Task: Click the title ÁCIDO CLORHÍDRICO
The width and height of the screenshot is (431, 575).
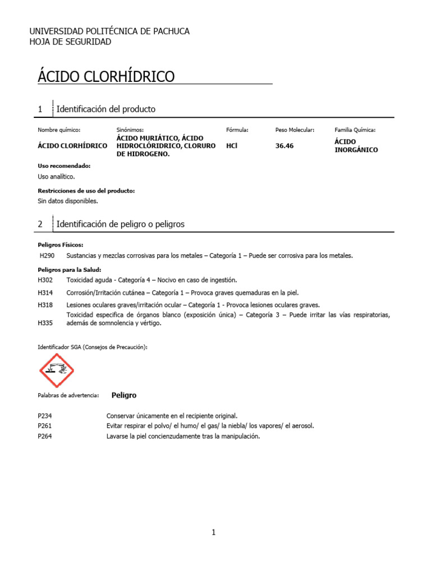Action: (106, 77)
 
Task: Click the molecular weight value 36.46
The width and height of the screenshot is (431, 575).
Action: (285, 145)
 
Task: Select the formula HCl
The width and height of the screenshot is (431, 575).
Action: (231, 145)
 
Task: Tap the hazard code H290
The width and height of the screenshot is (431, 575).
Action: (47, 255)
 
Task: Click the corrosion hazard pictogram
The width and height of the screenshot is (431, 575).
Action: (57, 371)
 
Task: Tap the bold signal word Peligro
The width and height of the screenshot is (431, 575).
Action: (124, 395)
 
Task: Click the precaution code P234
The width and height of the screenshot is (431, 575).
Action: (45, 416)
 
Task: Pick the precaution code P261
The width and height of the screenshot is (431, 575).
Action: (45, 426)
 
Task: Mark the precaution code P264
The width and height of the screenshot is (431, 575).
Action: (45, 436)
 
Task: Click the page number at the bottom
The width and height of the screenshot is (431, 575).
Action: (214, 533)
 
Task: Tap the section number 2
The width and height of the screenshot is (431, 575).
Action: (40, 224)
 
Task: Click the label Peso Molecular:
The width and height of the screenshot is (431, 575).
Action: (295, 130)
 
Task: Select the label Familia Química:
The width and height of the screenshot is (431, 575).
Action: (355, 130)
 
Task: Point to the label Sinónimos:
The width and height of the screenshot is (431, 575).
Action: (130, 130)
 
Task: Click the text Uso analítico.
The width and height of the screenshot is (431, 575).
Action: (56, 176)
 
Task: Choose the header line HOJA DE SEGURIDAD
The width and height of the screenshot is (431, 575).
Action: (70, 42)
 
